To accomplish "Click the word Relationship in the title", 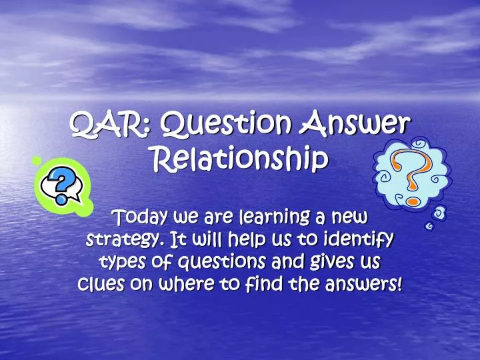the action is click(240, 159).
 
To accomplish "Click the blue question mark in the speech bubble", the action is click(62, 186).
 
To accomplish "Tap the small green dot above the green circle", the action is click(37, 161).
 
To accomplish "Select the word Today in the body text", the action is click(140, 217).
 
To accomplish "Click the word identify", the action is click(359, 239).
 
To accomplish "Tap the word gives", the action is click(330, 263).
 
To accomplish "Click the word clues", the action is click(101, 284).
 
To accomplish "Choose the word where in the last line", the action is click(186, 284).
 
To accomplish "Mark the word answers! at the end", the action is click(363, 284).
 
